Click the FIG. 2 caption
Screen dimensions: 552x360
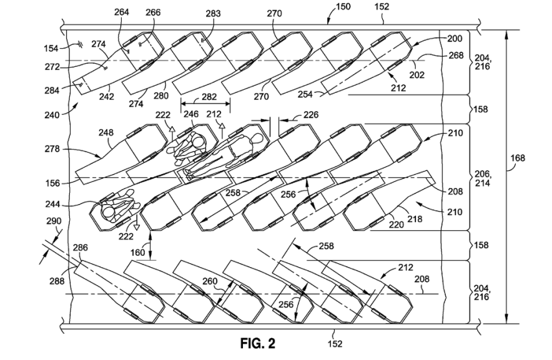258,343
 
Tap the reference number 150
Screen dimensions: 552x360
343,7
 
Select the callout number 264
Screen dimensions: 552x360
122,12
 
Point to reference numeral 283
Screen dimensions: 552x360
213,13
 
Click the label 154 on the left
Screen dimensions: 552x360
51,48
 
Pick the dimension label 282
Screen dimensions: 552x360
209,97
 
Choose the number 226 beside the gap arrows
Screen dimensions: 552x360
311,114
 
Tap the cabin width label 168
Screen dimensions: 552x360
518,158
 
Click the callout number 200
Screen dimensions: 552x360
455,38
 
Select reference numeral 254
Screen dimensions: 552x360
305,94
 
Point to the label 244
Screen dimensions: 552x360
52,204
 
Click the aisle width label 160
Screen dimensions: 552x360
137,252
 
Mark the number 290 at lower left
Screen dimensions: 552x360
54,221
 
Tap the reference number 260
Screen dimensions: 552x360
210,281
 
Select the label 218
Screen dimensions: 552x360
415,219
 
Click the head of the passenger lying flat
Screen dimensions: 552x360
257,139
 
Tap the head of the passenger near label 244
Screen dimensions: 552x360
109,212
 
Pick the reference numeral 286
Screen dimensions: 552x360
80,248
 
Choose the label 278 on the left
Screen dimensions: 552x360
52,149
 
